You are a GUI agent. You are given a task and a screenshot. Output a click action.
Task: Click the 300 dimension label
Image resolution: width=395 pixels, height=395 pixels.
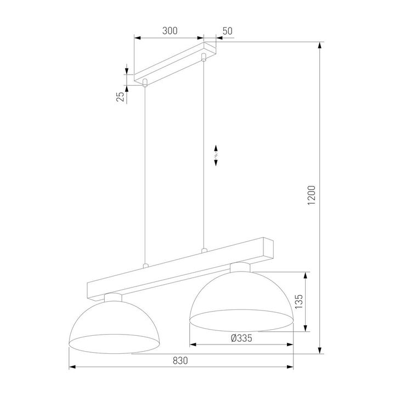coord(170,31)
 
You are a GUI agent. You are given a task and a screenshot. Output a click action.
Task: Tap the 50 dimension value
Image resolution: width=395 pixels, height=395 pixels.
coord(227,31)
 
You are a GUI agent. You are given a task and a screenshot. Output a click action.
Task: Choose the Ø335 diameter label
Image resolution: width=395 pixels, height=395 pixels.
coord(241,338)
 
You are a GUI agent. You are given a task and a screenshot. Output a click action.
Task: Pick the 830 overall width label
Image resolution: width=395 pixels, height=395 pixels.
coord(180,360)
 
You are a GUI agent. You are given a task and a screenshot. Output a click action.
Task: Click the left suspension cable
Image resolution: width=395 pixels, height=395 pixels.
coord(145,176)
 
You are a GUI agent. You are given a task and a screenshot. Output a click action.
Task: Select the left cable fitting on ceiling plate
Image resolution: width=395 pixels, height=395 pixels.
coord(145,83)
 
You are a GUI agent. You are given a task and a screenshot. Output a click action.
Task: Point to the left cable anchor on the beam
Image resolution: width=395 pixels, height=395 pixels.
coord(145,266)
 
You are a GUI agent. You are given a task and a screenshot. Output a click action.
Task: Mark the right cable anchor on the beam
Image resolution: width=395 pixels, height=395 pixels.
coord(204,251)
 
